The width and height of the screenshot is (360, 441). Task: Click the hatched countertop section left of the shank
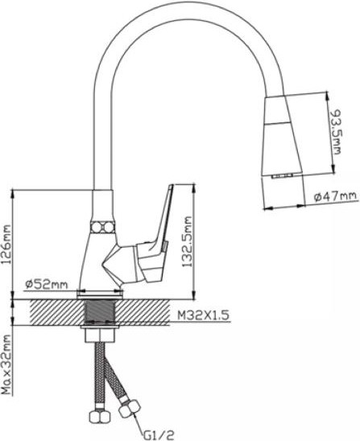[x=56, y=311]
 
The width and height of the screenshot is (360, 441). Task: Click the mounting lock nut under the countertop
[x=100, y=331]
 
